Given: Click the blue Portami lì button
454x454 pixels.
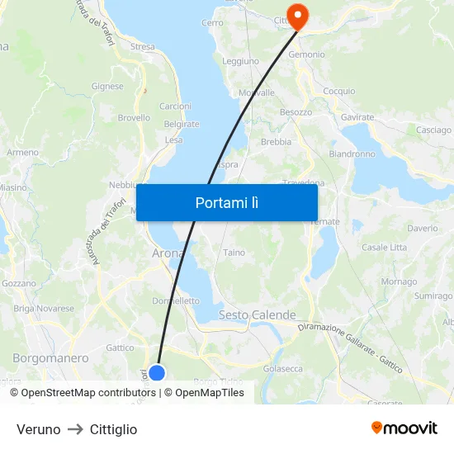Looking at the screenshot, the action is (227, 202).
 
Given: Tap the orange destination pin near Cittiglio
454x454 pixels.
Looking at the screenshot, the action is (296, 15).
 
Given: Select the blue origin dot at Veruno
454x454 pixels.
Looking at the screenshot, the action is (156, 373).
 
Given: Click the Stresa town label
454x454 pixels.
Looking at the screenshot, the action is (142, 47).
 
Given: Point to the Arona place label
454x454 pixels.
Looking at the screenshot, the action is (168, 253).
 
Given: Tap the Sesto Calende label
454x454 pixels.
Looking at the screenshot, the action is (258, 315).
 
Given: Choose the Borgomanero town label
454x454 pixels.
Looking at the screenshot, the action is (50, 358).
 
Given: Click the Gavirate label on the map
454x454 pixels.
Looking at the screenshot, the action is (357, 118).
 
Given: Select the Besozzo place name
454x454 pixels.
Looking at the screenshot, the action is (296, 111).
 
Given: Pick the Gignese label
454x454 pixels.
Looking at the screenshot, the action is (107, 86).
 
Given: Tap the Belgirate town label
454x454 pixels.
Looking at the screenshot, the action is (182, 125).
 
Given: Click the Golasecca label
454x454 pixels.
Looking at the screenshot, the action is (282, 369).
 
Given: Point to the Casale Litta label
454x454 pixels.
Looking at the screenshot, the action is (384, 248).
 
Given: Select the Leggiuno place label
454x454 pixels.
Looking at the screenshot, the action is (240, 61).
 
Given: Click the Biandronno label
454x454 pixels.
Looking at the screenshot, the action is (352, 154).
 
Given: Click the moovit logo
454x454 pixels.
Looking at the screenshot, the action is (404, 428).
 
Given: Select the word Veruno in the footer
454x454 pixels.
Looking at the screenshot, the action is (38, 429).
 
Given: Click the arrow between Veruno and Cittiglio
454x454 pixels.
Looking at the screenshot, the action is (75, 429).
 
